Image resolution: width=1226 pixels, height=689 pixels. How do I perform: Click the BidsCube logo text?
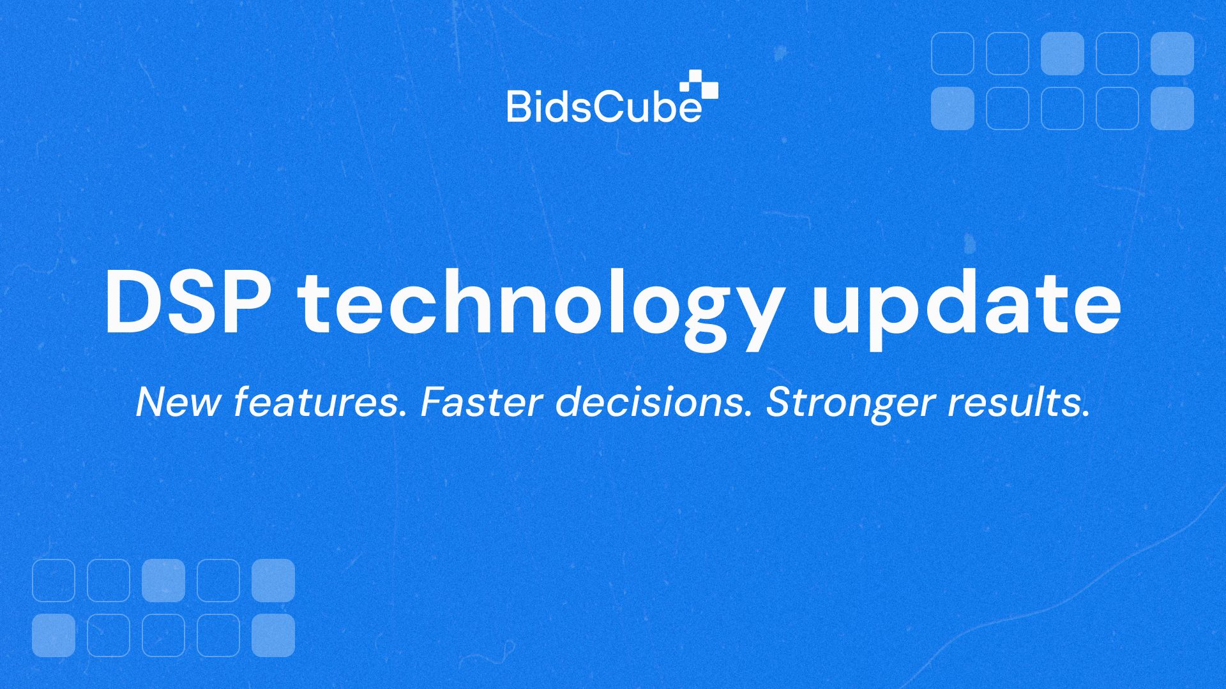click(604, 106)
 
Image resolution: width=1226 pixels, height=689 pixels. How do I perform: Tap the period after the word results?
click(1085, 415)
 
